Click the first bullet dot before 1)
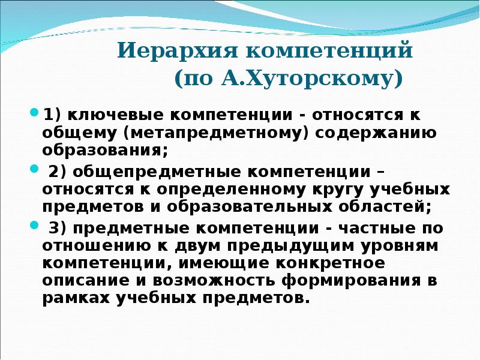[x=34, y=112]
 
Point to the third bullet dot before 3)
[x=34, y=226]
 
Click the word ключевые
[x=107, y=113]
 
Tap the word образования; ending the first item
[x=105, y=148]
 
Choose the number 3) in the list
[x=58, y=229]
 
